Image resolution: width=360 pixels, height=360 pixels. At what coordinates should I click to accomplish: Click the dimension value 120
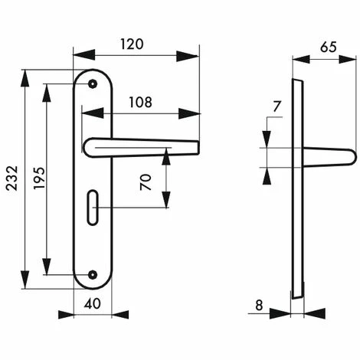(132, 44)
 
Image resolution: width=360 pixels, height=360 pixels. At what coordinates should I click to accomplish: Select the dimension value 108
(141, 102)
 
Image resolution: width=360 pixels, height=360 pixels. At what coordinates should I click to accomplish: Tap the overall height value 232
(12, 178)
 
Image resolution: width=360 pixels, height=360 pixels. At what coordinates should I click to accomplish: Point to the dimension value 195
(40, 178)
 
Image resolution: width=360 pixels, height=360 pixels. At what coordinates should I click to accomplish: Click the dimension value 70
(146, 182)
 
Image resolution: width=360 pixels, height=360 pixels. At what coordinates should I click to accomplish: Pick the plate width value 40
(93, 304)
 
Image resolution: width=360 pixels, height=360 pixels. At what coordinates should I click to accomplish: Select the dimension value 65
(329, 47)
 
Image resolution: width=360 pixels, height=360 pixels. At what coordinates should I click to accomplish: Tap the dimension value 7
(277, 106)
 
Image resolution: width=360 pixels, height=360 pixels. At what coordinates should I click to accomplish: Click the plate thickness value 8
(259, 305)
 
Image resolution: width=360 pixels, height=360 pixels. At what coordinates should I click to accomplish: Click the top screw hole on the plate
(93, 83)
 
